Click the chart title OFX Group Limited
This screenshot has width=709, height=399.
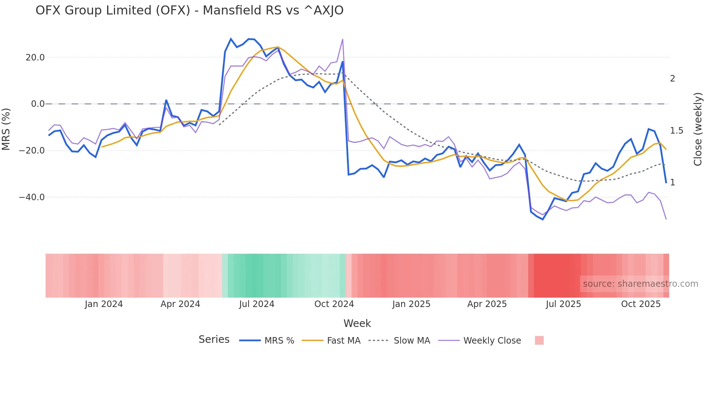tap(189, 10)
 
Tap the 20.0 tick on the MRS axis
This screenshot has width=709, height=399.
tap(35, 58)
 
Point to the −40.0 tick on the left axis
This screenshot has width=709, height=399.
tap(32, 197)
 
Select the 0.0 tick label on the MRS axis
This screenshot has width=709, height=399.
tap(38, 104)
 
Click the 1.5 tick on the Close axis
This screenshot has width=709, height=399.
tap(676, 131)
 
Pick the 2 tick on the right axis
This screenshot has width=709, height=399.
tap(672, 79)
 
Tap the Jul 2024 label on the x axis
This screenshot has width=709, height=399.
tap(256, 304)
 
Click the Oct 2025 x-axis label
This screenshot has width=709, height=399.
tap(641, 304)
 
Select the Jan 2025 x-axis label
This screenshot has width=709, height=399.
tap(411, 304)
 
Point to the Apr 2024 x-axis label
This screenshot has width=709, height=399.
tap(180, 304)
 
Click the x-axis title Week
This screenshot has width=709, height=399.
tap(357, 323)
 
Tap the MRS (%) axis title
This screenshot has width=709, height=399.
tap(6, 129)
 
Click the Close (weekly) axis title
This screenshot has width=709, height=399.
tap(698, 129)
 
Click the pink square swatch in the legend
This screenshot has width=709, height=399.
tap(539, 340)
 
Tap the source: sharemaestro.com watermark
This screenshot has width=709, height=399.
tap(640, 284)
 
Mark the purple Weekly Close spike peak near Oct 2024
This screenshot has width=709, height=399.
tap(343, 39)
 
